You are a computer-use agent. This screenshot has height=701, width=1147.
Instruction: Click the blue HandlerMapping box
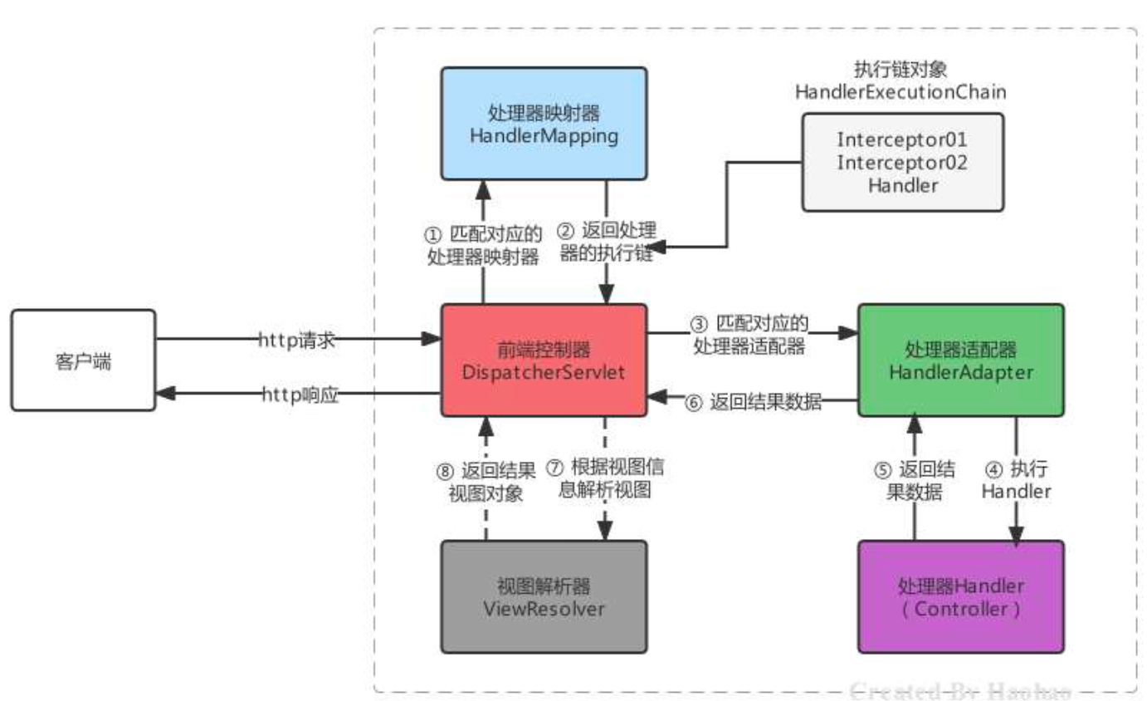(543, 123)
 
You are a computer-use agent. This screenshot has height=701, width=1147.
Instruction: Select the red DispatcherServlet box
(543, 360)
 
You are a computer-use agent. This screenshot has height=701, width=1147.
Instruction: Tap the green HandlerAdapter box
(960, 360)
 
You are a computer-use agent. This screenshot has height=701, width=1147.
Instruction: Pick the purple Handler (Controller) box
(960, 596)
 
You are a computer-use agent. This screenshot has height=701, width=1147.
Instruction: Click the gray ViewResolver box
(543, 596)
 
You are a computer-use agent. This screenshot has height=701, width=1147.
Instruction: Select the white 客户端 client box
(83, 360)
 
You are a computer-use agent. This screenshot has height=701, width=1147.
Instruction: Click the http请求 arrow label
(297, 339)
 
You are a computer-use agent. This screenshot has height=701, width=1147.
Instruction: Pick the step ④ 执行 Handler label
(1016, 480)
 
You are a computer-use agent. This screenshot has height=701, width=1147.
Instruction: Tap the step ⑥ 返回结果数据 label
(754, 403)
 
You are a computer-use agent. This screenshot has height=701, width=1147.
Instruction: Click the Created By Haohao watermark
(959, 689)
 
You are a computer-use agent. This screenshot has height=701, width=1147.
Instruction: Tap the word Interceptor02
(903, 161)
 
